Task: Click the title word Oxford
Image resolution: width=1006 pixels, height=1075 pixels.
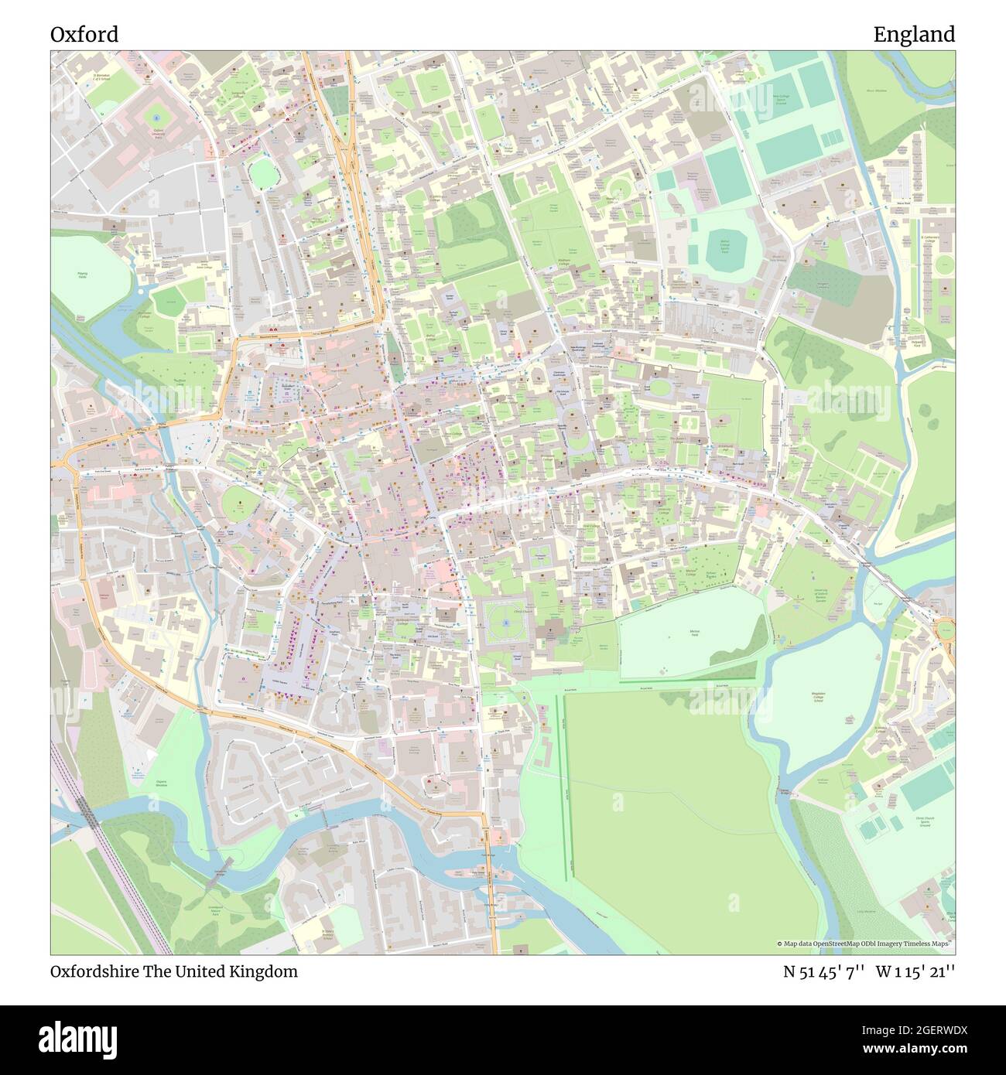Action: pyautogui.click(x=84, y=35)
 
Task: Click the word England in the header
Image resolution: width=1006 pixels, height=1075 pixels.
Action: pyautogui.click(x=914, y=35)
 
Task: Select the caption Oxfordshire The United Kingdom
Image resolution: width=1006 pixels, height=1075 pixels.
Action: pyautogui.click(x=174, y=971)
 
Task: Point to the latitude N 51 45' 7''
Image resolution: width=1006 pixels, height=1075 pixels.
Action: pyautogui.click(x=822, y=971)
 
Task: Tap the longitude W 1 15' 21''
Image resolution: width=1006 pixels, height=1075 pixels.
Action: pyautogui.click(x=915, y=971)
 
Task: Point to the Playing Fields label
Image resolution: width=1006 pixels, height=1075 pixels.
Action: pyautogui.click(x=82, y=275)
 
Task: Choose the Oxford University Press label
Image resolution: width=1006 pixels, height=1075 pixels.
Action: pyautogui.click(x=159, y=133)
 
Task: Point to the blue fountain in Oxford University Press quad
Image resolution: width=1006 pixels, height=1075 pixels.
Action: pyautogui.click(x=157, y=117)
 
